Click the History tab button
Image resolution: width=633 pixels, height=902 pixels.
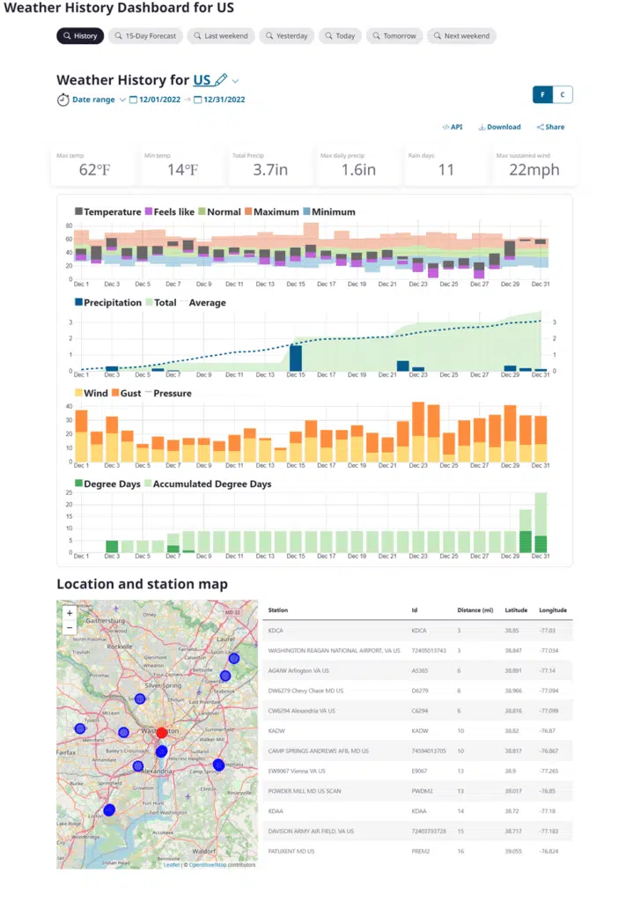coord(80,36)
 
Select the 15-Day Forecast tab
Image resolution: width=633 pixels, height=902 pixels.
coord(145,36)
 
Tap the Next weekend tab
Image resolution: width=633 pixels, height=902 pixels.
coord(461,36)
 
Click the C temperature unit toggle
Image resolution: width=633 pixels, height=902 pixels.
coord(562,95)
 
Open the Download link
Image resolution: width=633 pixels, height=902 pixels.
coord(499,127)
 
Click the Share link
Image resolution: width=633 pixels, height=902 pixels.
coord(550,127)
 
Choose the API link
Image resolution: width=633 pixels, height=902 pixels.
coord(452,127)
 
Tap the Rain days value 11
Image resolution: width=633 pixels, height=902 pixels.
coord(445,169)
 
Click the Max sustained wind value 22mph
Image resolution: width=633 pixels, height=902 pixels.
coord(534,169)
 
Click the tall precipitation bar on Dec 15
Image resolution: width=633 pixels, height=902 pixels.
coord(296,357)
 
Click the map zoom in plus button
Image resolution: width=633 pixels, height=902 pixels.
coord(70,613)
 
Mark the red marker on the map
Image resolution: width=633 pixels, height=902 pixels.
coord(162,732)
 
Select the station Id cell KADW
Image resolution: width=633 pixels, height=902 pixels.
coord(421,730)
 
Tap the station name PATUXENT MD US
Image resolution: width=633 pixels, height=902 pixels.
coord(291,851)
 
